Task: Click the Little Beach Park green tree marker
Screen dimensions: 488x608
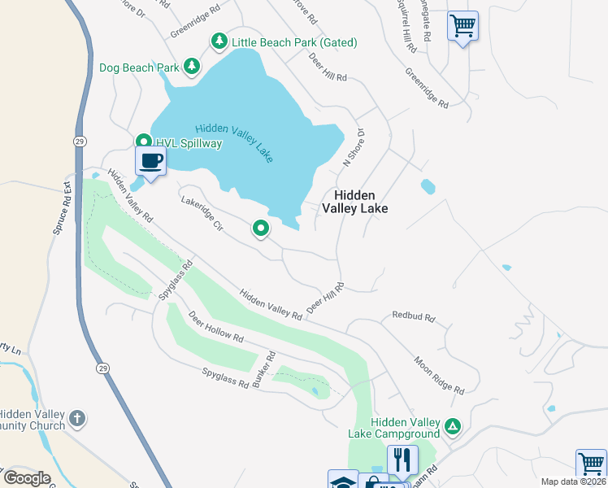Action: pos(219,41)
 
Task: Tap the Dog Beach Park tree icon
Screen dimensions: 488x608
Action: pos(191,66)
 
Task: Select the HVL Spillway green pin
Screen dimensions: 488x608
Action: pos(143,142)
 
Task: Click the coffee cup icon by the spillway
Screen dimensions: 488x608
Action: pos(150,160)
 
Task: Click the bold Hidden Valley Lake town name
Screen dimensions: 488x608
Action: pos(354,202)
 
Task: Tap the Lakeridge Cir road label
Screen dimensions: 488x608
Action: pos(202,211)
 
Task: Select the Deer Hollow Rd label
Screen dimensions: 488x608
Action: pos(216,326)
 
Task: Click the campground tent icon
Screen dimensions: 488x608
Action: pos(453,425)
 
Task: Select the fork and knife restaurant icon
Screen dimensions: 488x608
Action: pos(402,459)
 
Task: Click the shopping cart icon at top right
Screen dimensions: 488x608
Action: pos(463,25)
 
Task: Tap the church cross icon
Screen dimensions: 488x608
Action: pos(77,419)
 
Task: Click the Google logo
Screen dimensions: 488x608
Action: pos(27,477)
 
